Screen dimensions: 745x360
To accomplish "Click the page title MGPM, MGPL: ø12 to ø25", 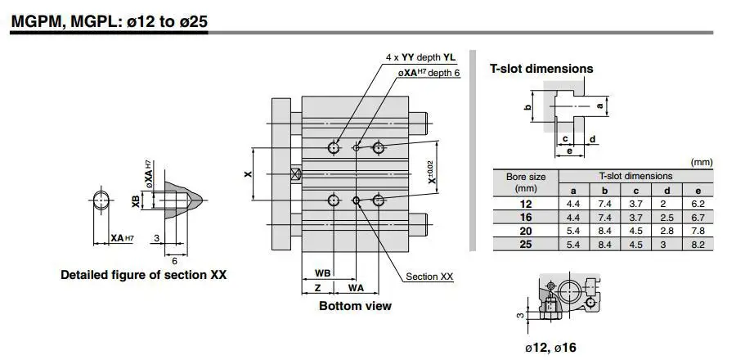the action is (110, 22).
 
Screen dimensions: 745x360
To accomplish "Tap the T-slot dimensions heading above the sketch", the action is (541, 69).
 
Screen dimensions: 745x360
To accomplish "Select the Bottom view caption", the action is (356, 306).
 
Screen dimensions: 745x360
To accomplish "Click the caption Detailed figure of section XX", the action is (143, 275).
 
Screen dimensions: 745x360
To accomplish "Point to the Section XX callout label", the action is (429, 277).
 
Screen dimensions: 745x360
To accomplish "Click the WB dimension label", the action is (322, 273).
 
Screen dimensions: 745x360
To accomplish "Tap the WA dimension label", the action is (356, 288).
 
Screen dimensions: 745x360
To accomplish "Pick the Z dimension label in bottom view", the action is (318, 288).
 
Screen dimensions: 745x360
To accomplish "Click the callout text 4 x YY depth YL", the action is (420, 57).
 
